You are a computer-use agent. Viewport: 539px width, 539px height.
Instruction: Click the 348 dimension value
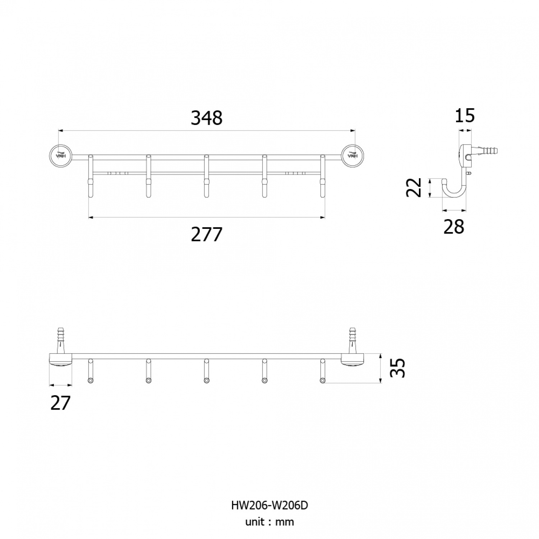[207, 118]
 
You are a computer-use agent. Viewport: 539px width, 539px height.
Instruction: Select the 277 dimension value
[207, 235]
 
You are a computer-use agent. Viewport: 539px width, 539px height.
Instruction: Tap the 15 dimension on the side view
[465, 116]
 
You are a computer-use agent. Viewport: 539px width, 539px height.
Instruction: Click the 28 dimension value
[454, 227]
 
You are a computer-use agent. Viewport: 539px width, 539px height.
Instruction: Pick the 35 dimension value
[398, 368]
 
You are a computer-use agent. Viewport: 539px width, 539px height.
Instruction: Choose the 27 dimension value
[60, 403]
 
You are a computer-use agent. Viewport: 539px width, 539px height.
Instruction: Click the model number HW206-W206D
[269, 505]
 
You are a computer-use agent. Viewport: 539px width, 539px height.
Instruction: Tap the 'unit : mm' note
[269, 522]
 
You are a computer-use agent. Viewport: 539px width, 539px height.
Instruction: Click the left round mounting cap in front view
[61, 156]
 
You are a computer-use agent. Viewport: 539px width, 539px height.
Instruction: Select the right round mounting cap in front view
[353, 156]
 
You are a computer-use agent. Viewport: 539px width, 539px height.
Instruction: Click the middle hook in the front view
[206, 176]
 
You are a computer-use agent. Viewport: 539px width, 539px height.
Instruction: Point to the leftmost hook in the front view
[91, 176]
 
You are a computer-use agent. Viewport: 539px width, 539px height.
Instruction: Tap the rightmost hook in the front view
[322, 176]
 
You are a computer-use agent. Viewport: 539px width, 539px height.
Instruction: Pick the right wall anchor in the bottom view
[353, 340]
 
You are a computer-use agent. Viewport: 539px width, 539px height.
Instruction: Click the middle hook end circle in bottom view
[206, 380]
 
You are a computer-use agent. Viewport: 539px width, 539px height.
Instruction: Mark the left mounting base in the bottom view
[61, 360]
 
